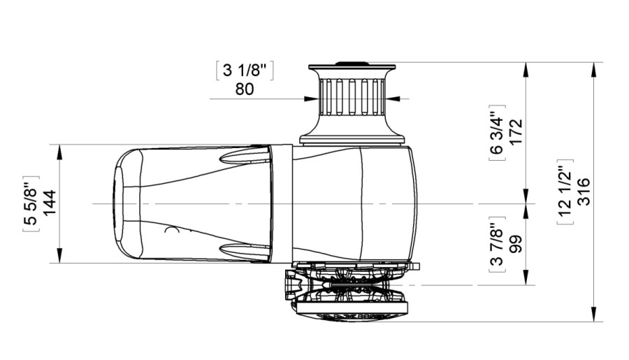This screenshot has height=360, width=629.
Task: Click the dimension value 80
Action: pos(245,89)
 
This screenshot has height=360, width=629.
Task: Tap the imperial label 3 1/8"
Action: pos(245,71)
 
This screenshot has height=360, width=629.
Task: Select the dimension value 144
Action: pos(50,203)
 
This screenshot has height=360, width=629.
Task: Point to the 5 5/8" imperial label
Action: pos(31,203)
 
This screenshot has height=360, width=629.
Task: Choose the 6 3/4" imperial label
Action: pos(497,132)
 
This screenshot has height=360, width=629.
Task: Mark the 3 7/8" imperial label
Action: pos(497,245)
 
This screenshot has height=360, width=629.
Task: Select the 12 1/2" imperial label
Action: pos(565,192)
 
